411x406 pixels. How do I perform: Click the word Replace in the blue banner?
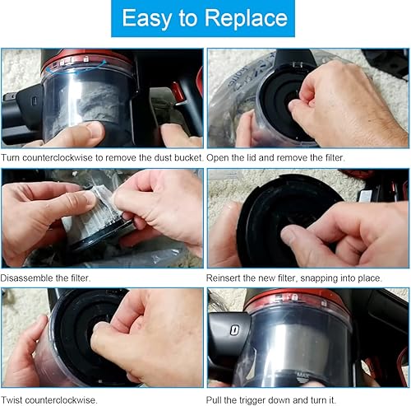point(246,18)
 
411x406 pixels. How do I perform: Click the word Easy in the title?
point(145,18)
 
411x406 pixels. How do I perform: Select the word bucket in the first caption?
point(187,157)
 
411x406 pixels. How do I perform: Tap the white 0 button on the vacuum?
point(234,330)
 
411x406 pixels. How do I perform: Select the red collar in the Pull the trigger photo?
point(298,299)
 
